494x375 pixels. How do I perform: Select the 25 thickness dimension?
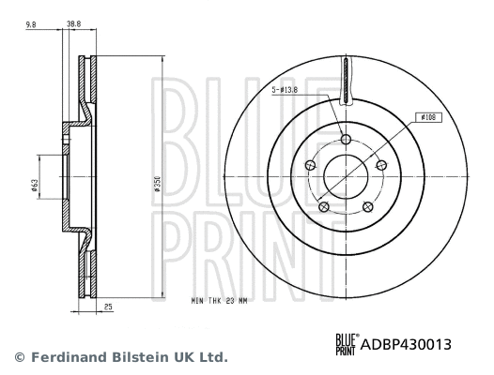(109, 307)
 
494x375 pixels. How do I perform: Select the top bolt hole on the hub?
(346, 140)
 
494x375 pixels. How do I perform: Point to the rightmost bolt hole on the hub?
(381, 166)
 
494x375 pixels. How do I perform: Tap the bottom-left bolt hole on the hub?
(324, 207)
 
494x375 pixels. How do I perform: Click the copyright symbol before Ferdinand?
(17, 357)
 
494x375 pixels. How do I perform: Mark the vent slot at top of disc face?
(346, 81)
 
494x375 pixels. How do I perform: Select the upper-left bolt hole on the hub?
(311, 166)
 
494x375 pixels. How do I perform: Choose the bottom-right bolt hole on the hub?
(367, 207)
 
